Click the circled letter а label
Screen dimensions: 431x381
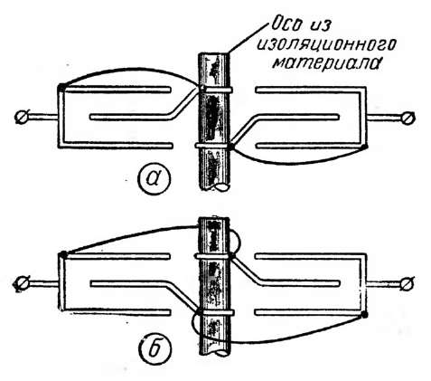tap(154, 178)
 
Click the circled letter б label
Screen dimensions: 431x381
tap(155, 348)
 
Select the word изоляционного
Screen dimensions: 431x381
tap(326, 44)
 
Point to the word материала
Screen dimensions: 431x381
tap(325, 62)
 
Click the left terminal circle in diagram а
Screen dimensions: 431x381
tap(23, 117)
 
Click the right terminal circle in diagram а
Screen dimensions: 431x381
tap(408, 119)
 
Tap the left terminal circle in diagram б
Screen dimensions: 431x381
tap(21, 284)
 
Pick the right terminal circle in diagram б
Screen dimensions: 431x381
tap(408, 284)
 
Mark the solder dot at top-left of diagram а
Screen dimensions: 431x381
tap(61, 88)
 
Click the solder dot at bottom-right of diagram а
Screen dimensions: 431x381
tap(365, 147)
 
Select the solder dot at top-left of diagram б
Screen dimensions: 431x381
tap(63, 254)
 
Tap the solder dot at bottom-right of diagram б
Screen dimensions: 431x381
tap(365, 315)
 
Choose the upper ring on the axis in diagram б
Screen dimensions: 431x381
tap(213, 256)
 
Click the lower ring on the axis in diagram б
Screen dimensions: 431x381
tap(215, 312)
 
